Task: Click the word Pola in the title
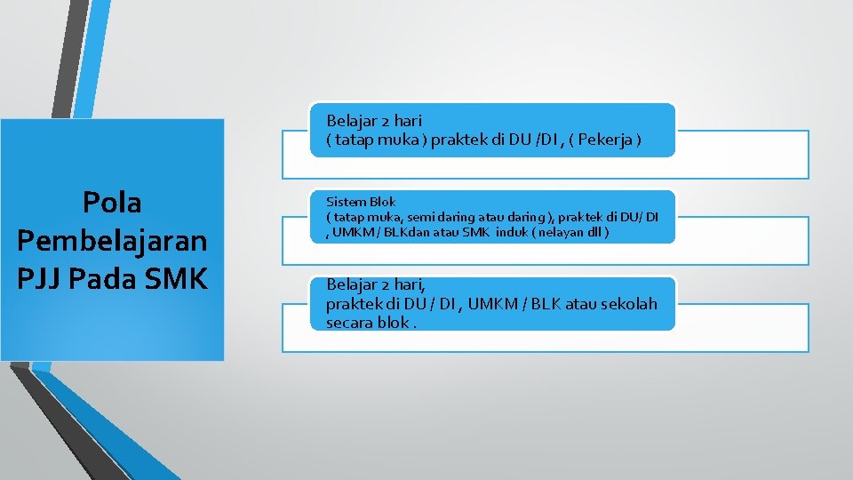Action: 112,203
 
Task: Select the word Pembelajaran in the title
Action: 112,240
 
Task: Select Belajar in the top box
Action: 350,120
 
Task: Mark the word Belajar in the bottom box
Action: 350,284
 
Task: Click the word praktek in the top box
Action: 458,140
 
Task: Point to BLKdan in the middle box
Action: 402,232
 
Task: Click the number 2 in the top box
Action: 384,120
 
